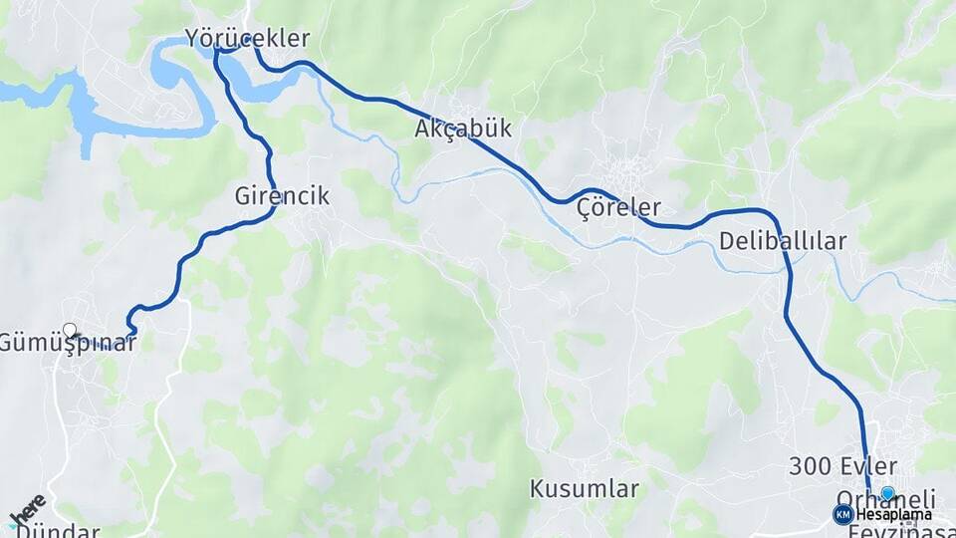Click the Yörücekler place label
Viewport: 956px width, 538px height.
[x=248, y=39]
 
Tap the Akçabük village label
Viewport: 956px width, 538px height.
[x=463, y=129]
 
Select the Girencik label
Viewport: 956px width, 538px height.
[x=282, y=196]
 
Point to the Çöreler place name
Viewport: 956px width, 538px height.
[x=618, y=208]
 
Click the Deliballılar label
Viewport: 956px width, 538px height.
[x=782, y=240]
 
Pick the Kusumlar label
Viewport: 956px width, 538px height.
[x=584, y=489]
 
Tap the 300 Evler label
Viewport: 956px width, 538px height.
[x=842, y=465]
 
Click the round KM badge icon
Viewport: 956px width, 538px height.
[x=842, y=514]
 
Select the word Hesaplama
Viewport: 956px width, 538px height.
[x=894, y=514]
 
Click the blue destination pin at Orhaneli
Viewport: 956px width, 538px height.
[x=888, y=492]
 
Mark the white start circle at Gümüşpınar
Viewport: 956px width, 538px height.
[x=70, y=330]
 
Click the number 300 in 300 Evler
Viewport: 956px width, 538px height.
[x=810, y=465]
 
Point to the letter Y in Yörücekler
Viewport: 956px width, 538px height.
[x=192, y=39]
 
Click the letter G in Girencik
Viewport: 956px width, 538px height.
[x=243, y=196]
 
